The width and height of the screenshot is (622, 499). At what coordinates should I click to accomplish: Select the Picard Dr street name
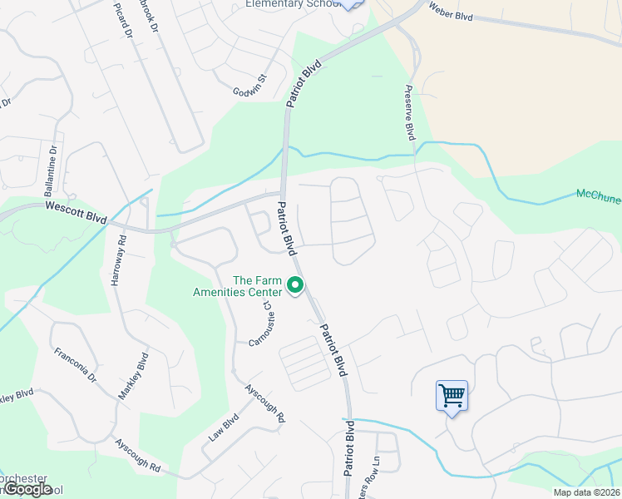pyautogui.click(x=123, y=20)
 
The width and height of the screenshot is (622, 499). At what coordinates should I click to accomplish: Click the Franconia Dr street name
pyautogui.click(x=76, y=363)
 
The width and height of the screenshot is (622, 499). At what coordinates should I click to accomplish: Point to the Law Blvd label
pyautogui.click(x=223, y=427)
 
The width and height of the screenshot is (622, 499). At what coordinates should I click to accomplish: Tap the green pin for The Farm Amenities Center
pyautogui.click(x=294, y=286)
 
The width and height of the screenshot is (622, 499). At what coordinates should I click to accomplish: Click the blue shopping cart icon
pyautogui.click(x=452, y=394)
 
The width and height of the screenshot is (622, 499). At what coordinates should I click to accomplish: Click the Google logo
pyautogui.click(x=27, y=489)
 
